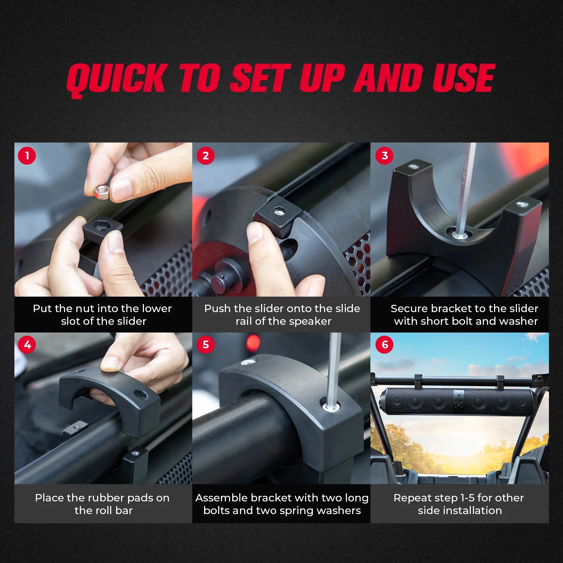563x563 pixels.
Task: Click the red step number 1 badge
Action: point(27,156)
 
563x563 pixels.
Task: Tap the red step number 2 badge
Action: point(205,156)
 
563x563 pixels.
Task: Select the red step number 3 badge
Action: point(385,156)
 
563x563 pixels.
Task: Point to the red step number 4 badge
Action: point(27,344)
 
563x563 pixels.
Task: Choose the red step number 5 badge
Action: point(205,344)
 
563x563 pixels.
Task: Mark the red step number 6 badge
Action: point(385,344)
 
